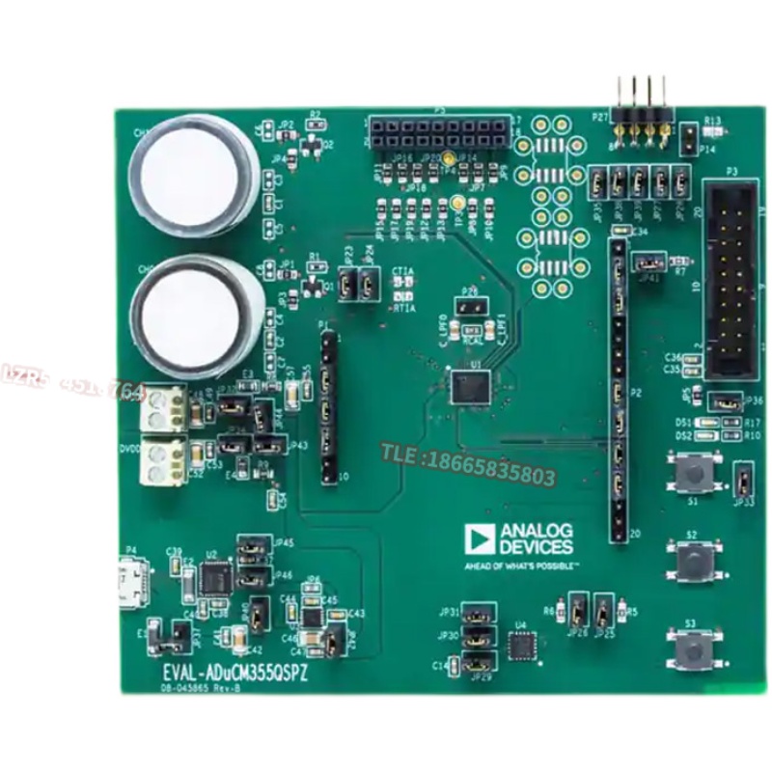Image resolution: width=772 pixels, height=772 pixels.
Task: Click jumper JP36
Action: tap(725, 401)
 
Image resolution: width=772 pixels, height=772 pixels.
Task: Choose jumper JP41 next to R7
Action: tap(648, 262)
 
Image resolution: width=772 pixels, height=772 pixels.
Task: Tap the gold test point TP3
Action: tap(455, 204)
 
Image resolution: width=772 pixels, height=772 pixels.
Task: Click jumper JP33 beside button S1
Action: tap(744, 479)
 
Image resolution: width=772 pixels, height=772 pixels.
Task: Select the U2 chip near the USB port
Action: tap(212, 578)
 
